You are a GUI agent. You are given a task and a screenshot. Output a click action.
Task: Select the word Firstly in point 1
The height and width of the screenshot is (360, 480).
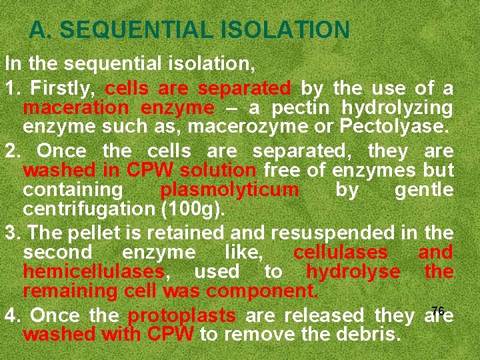pyautogui.click(x=64, y=88)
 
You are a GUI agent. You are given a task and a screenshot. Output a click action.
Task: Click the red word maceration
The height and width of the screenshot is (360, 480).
pyautogui.click(x=76, y=107)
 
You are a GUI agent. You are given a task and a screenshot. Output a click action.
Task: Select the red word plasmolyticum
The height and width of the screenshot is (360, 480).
pyautogui.click(x=229, y=190)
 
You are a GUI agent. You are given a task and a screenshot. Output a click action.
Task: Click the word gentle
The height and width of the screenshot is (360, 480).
pyautogui.click(x=424, y=190)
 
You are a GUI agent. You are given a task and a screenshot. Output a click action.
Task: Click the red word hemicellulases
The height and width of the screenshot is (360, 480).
pyautogui.click(x=93, y=271)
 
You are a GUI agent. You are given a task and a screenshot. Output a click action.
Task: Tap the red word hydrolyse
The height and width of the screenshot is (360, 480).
pyautogui.click(x=353, y=271)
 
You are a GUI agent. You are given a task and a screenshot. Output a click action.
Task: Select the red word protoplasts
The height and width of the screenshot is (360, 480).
pyautogui.click(x=181, y=315)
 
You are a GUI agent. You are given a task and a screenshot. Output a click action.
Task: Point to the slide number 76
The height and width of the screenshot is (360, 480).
pyautogui.click(x=437, y=310)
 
